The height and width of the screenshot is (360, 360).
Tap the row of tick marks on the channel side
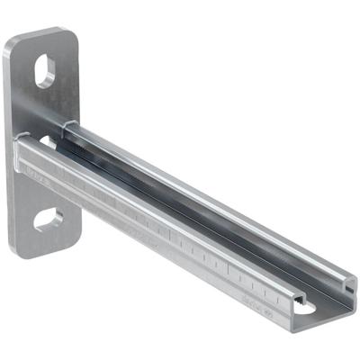(225, 265)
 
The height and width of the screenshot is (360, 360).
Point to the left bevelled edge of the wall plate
(14, 144)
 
